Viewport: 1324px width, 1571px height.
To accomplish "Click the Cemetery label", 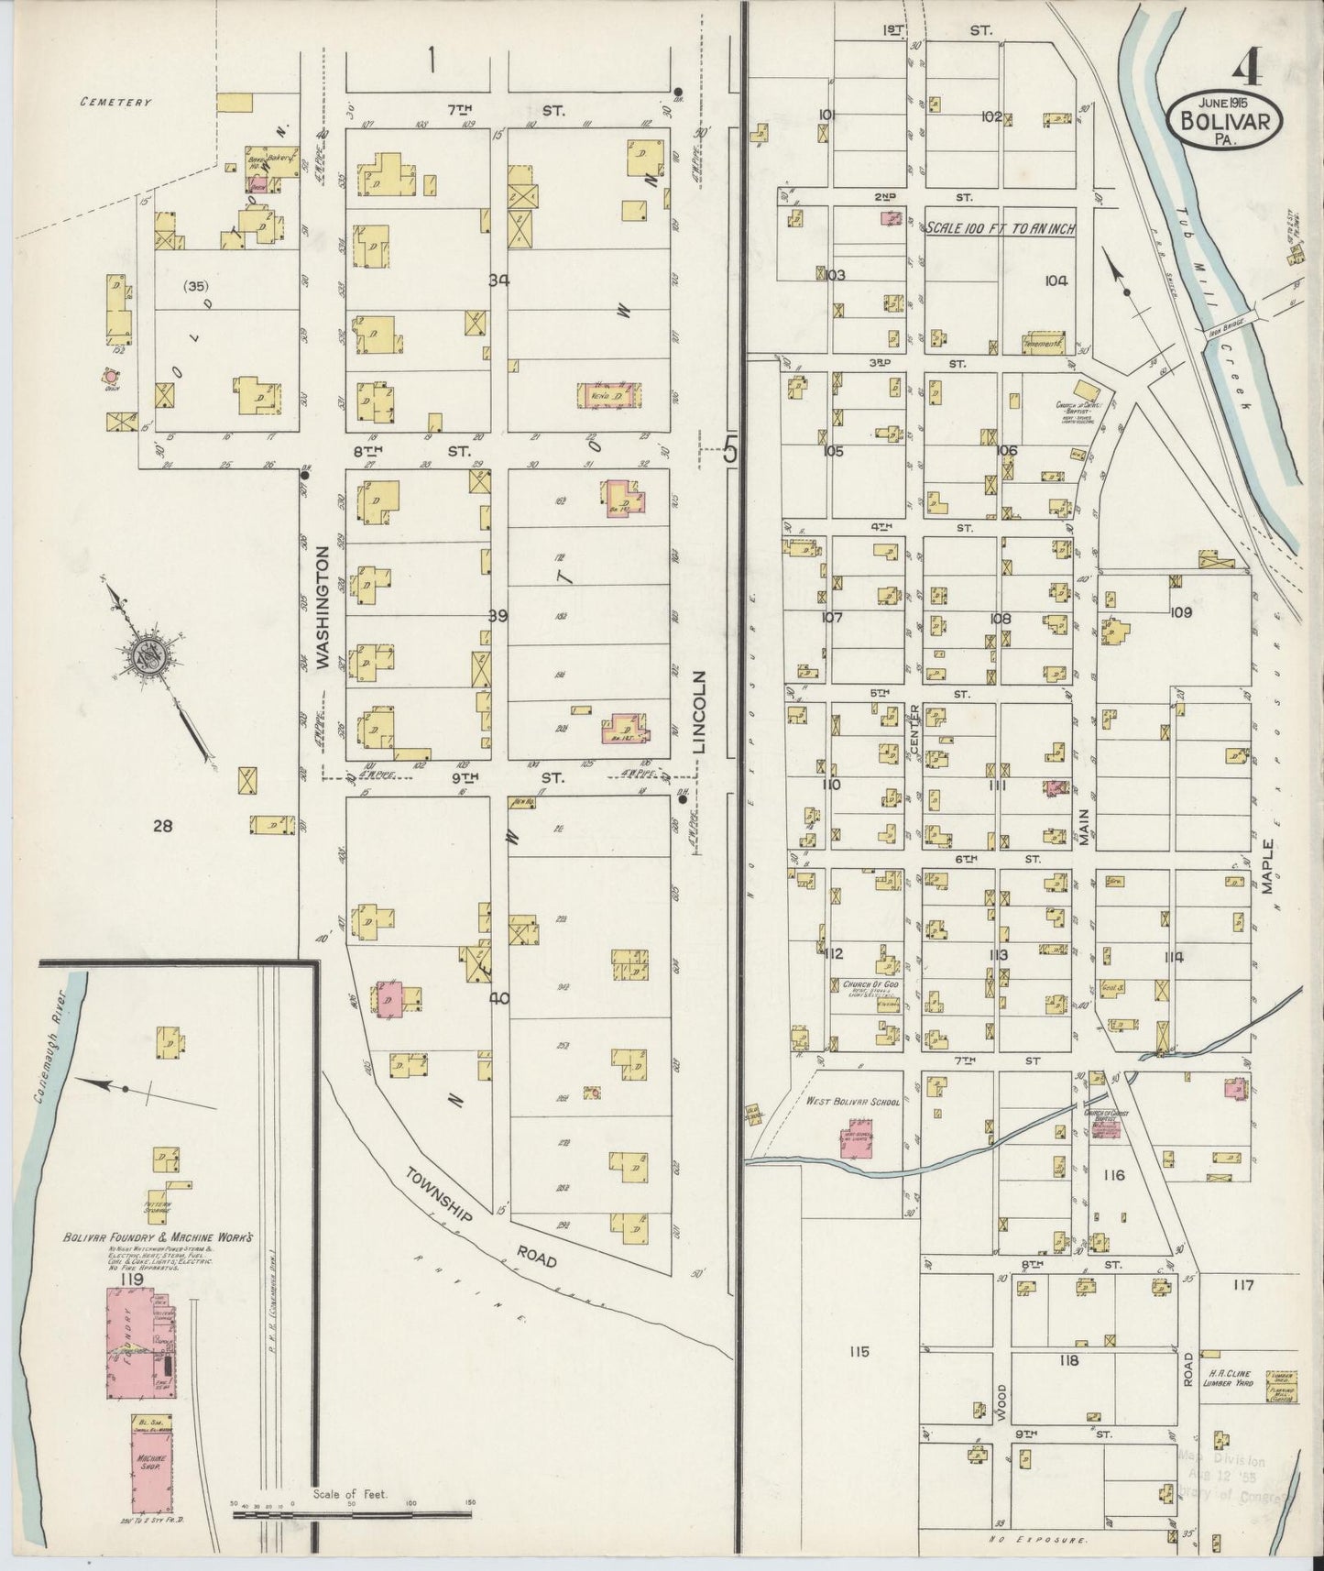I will pyautogui.click(x=115, y=103).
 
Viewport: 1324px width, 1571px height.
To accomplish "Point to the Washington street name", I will pyautogui.click(x=323, y=610).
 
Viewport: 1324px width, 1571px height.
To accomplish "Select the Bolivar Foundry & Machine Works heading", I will pyautogui.click(x=158, y=1236).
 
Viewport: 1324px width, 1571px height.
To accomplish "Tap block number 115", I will pyautogui.click(x=859, y=1351).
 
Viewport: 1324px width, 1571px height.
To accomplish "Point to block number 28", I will pyautogui.click(x=162, y=826).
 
